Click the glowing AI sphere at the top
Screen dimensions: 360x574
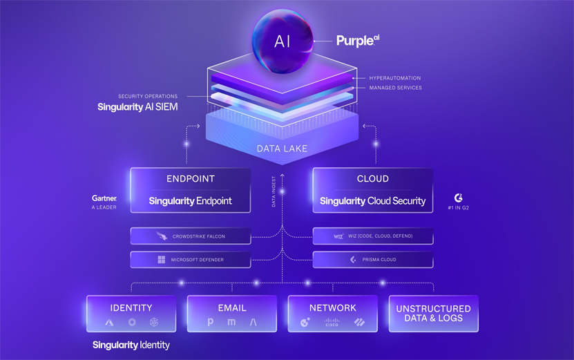pos(283,41)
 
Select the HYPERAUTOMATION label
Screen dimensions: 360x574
pos(394,78)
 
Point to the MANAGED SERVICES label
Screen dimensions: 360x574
pos(395,88)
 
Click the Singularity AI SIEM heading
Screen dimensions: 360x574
pos(138,107)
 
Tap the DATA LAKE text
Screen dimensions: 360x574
pos(283,148)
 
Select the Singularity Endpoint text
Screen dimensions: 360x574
pos(190,201)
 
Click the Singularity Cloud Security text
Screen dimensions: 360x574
pos(372,201)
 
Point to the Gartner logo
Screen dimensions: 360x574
pos(104,198)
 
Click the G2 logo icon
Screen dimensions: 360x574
pos(459,198)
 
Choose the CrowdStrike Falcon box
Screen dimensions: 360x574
pos(190,236)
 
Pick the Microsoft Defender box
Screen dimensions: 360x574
pos(190,260)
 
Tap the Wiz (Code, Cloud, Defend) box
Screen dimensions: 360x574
pos(372,236)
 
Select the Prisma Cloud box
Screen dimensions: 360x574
pos(372,260)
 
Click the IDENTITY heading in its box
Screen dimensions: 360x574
pos(131,307)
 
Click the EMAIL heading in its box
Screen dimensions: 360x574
pos(232,307)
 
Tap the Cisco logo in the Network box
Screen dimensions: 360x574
pos(332,322)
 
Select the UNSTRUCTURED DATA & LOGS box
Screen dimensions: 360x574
pos(433,314)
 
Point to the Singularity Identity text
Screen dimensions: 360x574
pos(131,345)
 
